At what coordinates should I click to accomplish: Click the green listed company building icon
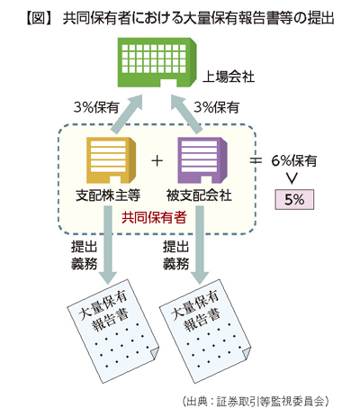coord(157,62)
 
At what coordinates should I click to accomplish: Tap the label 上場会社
coord(229,77)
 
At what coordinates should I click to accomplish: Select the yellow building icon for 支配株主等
coord(111,160)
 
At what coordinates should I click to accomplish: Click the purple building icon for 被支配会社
coord(202,160)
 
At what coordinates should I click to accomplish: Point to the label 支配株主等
coord(108,195)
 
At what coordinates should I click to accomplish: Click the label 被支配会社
coord(199,195)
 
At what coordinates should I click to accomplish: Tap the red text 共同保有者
coord(154,217)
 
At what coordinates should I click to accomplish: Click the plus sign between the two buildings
coord(157,161)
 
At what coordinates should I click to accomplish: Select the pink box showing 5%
coord(294,199)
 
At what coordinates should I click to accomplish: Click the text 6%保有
coord(294,161)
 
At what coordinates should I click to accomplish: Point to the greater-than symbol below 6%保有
coord(292,178)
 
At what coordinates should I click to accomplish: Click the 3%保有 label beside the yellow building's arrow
coord(96,107)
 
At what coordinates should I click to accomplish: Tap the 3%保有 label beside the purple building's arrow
coord(216,107)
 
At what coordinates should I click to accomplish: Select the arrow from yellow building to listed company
coord(127,114)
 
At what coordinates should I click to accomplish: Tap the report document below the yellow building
coord(113,332)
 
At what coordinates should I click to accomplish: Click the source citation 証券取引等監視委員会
coord(271,401)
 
